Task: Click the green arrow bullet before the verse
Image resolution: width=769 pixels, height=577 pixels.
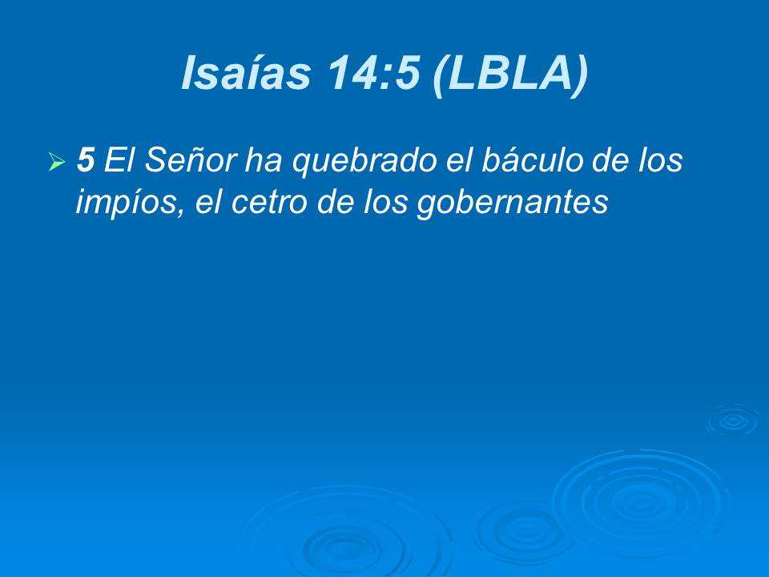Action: [x=56, y=163]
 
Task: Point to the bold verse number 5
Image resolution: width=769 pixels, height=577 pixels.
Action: [x=86, y=161]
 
